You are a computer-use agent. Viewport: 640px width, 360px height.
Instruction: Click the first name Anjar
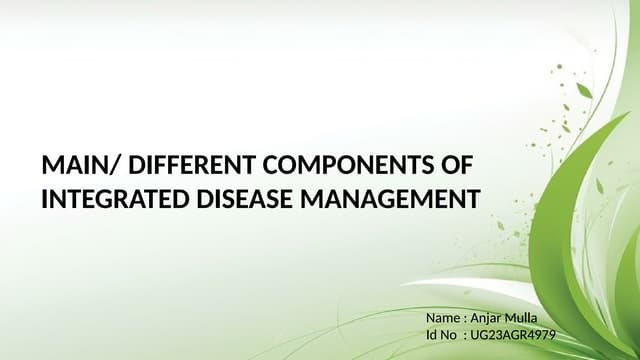click(x=490, y=319)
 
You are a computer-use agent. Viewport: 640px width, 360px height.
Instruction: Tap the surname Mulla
click(x=533, y=319)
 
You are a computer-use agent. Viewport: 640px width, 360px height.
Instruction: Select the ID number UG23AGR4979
click(x=513, y=336)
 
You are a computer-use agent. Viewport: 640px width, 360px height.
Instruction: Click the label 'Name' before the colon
click(x=443, y=319)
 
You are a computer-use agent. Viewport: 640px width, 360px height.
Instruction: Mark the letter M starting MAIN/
click(x=51, y=165)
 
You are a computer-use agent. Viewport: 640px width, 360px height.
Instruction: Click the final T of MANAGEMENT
click(x=473, y=199)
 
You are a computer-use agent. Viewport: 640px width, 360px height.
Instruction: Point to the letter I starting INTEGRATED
click(x=44, y=199)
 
